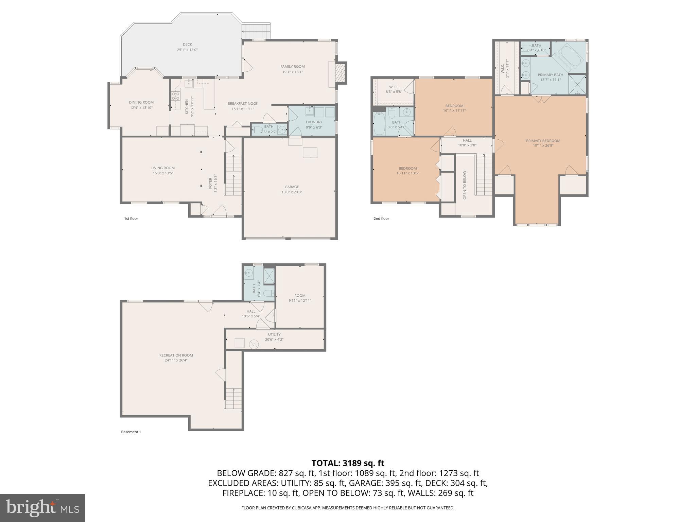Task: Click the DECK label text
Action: [x=187, y=44]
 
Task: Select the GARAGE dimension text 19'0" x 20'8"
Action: [x=292, y=192]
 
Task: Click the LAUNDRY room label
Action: [x=314, y=122]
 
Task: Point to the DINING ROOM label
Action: [x=141, y=102]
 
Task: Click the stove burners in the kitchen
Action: [x=175, y=96]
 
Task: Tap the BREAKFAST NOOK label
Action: [x=243, y=104]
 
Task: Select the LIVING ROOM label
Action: [x=163, y=168]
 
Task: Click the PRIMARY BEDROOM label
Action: [x=543, y=141]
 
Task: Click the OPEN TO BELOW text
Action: [x=465, y=185]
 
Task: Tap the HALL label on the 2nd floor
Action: [x=467, y=140]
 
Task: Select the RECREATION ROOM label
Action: [x=176, y=355]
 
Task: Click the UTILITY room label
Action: [x=274, y=334]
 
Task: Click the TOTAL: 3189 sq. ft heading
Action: [x=348, y=463]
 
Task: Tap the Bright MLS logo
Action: [x=42, y=508]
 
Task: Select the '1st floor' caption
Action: [x=131, y=219]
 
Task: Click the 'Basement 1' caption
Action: [x=131, y=432]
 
